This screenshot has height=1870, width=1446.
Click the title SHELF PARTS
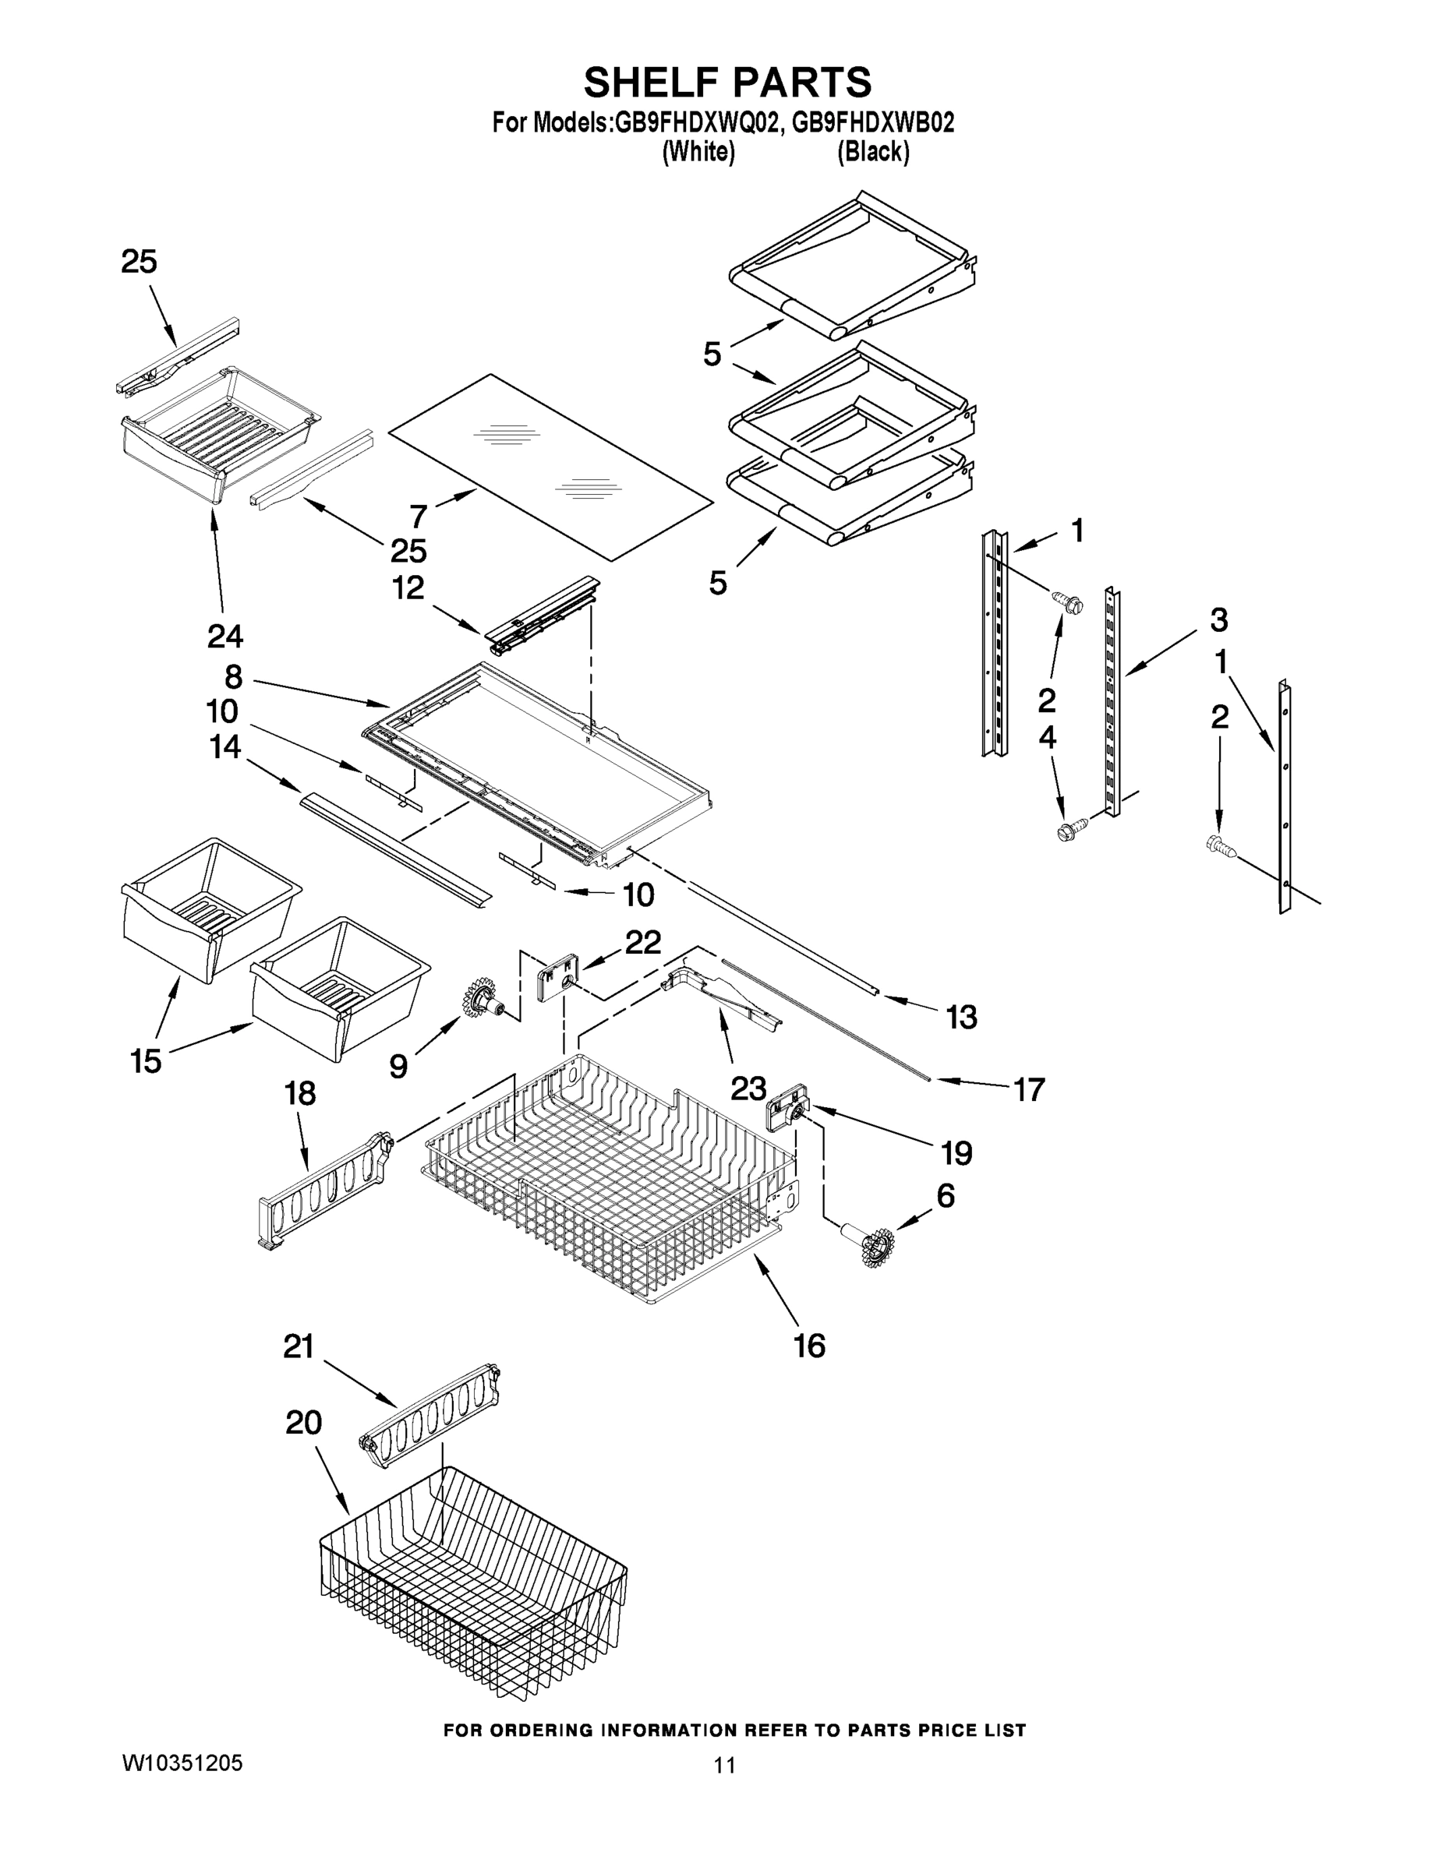(x=727, y=83)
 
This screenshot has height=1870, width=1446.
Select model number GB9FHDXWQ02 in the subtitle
(x=695, y=123)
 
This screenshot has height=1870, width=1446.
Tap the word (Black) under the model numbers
(x=873, y=153)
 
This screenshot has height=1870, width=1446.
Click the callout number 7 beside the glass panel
(x=418, y=517)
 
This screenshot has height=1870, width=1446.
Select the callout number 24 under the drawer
(x=225, y=635)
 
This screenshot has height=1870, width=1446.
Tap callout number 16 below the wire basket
(x=809, y=1345)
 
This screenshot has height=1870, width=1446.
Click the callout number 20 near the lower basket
(x=303, y=1423)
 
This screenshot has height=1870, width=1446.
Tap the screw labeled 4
(x=1069, y=830)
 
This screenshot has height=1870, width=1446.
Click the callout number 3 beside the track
(x=1218, y=619)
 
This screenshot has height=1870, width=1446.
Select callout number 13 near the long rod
(x=961, y=1017)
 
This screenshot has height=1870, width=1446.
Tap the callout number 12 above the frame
(x=408, y=587)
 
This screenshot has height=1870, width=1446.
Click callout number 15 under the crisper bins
(x=146, y=1061)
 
